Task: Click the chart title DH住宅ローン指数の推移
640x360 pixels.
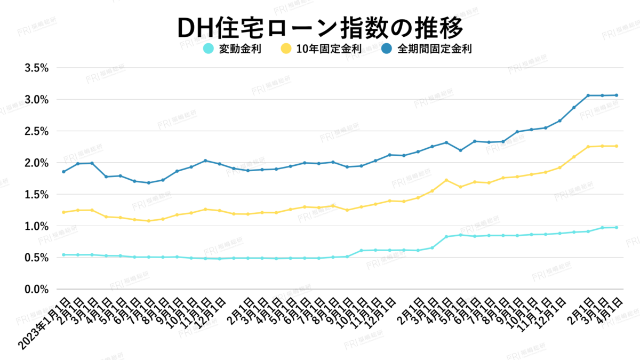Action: (319, 28)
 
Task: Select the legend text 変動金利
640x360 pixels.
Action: (240, 49)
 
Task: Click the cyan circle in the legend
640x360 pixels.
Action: (209, 49)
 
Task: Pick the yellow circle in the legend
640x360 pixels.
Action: (285, 49)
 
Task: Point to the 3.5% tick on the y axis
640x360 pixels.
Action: (37, 68)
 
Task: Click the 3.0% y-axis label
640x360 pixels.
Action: (37, 100)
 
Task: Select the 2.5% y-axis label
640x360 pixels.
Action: (37, 131)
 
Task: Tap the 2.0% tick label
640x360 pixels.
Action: (37, 163)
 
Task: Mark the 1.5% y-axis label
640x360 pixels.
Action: (37, 195)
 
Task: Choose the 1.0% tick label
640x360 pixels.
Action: (37, 226)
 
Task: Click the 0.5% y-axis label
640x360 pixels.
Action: (37, 258)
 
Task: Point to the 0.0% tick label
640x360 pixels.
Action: (37, 289)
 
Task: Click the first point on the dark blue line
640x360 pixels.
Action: (63, 172)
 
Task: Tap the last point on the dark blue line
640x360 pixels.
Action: (617, 95)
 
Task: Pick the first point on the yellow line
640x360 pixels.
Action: (63, 212)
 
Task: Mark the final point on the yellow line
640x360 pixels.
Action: (617, 146)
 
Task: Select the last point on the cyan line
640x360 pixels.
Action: (617, 227)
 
